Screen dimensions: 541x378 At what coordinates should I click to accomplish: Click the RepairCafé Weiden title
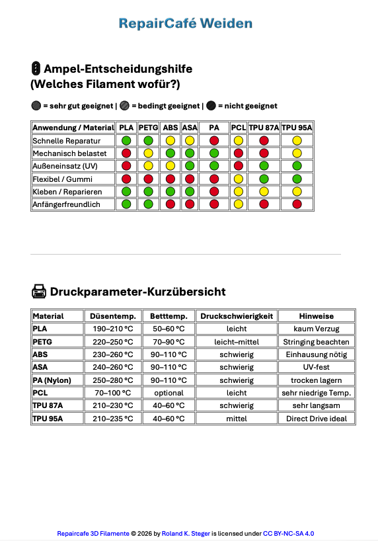coord(186,24)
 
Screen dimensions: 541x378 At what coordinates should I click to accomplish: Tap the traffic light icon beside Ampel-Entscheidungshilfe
coord(36,68)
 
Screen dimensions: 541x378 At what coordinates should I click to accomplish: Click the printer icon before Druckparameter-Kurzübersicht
coord(38,291)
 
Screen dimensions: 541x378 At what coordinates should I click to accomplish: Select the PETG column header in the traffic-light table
coord(148,128)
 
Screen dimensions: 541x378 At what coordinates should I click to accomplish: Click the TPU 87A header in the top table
coord(264,128)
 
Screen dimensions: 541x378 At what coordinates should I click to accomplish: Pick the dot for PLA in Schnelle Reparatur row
coord(126,141)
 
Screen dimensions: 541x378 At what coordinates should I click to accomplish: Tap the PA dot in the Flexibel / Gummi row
coord(213,179)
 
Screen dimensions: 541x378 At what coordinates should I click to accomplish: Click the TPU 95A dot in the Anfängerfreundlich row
coord(297,204)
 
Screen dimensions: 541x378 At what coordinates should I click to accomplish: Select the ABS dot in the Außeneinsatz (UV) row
coord(170,166)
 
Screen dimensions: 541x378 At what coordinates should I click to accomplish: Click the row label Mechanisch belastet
coord(66,153)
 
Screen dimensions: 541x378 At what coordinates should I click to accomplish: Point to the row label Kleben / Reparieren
coord(66,192)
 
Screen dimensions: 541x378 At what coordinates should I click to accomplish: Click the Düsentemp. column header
coord(113,316)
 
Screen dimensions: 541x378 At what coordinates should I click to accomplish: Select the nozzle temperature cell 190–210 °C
coord(113,329)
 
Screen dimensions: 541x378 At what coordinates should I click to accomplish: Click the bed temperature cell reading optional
coord(169,393)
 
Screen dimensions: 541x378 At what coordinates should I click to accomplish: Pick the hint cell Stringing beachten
coord(317,342)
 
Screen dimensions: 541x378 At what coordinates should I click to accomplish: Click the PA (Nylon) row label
coord(52,380)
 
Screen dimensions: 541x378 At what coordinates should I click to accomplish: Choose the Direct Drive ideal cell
coord(317,419)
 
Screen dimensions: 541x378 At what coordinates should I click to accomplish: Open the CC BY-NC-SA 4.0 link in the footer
coord(289,533)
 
